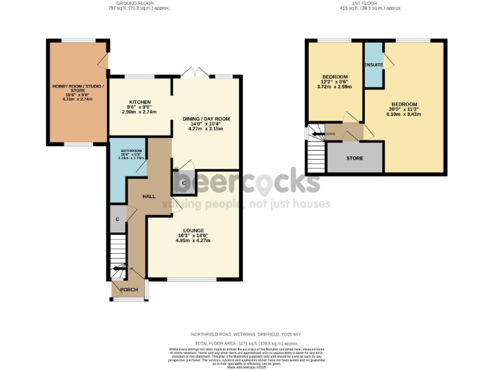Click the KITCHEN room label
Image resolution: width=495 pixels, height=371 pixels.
(139, 102)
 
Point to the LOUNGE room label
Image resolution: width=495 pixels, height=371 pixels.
(193, 231)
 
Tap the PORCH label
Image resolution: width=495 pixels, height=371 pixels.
(129, 290)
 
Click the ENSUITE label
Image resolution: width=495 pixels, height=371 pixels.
(373, 65)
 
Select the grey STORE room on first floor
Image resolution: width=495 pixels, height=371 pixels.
(354, 158)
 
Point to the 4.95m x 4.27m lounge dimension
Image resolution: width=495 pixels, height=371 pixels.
(193, 241)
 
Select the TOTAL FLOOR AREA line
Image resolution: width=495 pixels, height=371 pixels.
(247, 344)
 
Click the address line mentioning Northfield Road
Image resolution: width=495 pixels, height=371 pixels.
(247, 334)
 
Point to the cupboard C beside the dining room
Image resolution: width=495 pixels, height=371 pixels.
(184, 184)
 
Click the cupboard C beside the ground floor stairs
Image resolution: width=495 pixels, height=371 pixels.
(117, 219)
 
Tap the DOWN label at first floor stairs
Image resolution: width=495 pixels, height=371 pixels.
(330, 134)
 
